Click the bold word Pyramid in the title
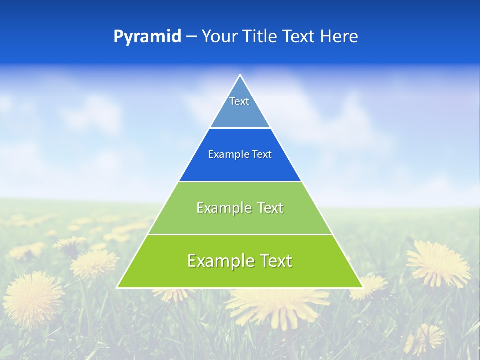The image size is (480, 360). pos(147,37)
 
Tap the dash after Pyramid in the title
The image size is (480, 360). pos(191,37)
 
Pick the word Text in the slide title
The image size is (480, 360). pos(300,37)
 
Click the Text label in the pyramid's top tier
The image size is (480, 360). pos(239,101)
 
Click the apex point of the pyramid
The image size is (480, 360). pos(240,75)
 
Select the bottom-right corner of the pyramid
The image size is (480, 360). pos(362,287)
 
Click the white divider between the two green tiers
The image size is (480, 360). pos(240,234)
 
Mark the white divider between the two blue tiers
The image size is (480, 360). pos(240,128)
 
